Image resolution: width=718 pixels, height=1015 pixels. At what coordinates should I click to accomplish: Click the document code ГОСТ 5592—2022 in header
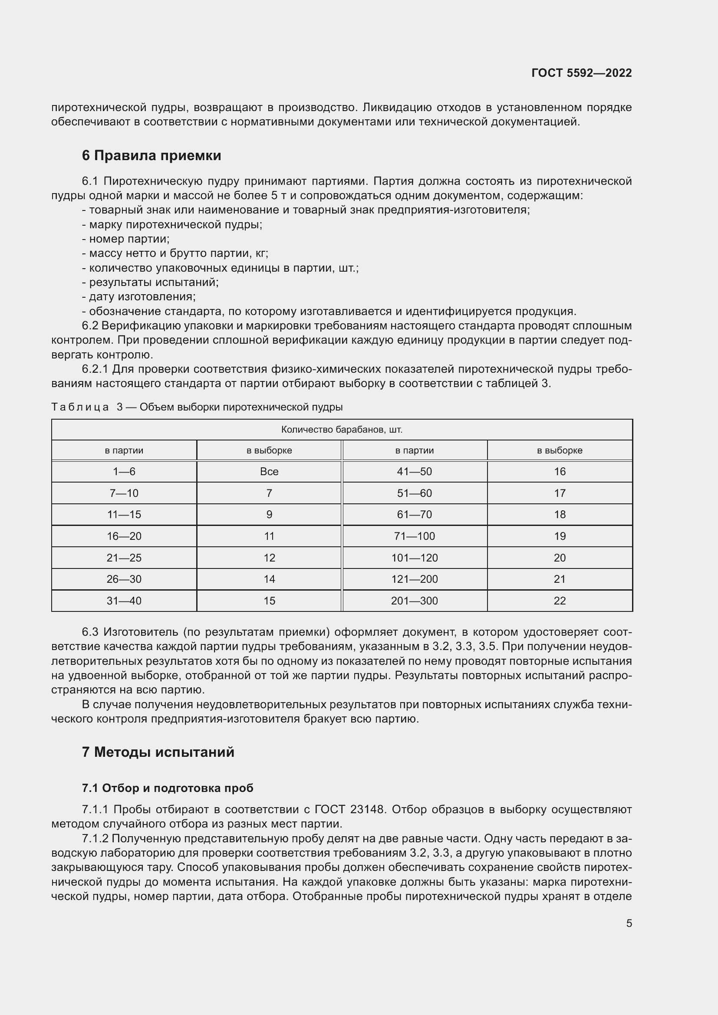581,73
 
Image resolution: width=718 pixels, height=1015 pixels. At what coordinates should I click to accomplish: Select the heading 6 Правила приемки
151,156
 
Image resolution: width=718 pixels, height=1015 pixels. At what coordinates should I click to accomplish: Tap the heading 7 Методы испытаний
158,752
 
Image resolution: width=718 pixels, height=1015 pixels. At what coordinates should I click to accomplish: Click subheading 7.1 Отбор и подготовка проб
168,788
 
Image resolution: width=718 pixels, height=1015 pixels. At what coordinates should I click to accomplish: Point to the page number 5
629,923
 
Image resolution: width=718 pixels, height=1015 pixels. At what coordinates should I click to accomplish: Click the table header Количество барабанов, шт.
341,430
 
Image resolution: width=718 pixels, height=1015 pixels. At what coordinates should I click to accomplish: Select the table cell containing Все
269,472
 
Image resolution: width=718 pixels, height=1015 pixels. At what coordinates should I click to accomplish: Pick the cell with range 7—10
124,493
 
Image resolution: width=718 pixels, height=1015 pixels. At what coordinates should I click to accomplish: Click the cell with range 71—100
414,536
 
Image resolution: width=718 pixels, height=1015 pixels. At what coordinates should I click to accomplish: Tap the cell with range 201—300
414,601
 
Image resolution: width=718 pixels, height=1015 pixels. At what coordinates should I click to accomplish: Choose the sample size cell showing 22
559,601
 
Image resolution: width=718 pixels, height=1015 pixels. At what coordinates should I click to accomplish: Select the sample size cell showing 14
269,579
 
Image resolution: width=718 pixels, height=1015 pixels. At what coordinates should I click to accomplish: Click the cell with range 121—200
414,579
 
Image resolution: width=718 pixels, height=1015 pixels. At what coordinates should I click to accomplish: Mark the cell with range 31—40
124,601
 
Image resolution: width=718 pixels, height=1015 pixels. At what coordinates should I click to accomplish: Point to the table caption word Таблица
80,407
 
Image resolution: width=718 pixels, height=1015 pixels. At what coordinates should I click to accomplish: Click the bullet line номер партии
128,239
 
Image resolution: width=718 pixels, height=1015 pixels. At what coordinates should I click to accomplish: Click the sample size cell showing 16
559,472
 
